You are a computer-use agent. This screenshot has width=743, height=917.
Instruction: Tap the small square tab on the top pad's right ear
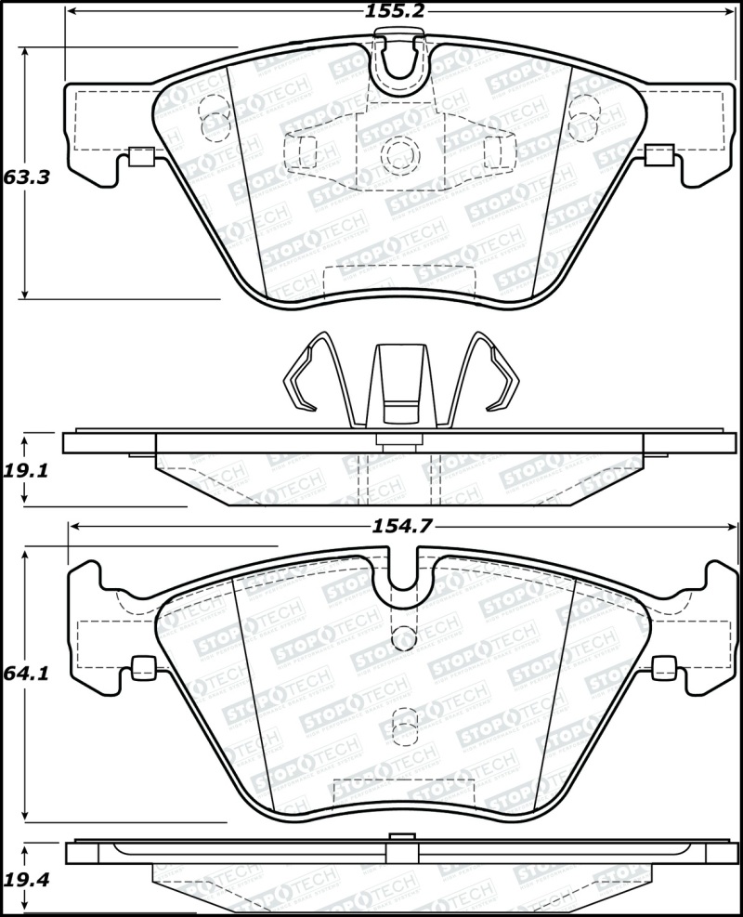[x=658, y=156]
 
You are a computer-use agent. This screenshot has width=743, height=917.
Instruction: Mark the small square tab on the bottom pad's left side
[x=144, y=665]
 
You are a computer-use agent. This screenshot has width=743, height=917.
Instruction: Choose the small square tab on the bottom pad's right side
[x=665, y=665]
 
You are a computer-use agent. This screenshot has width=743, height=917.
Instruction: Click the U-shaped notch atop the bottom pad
[x=404, y=571]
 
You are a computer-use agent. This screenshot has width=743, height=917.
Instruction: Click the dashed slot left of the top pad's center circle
[x=304, y=151]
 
